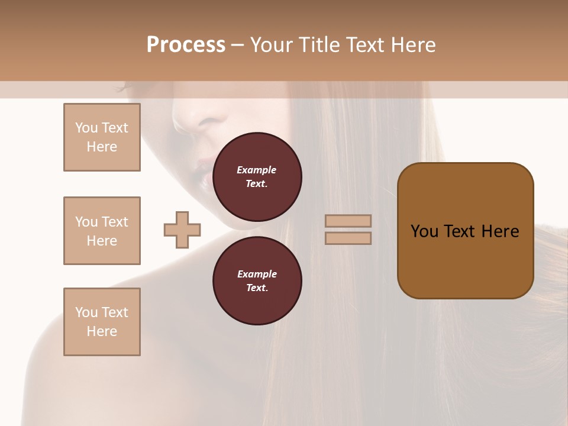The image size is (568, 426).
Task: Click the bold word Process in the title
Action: [x=186, y=45]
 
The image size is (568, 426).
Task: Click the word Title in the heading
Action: [x=322, y=45]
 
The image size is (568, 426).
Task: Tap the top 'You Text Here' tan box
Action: [x=102, y=137]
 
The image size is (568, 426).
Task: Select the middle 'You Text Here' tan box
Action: [x=102, y=231]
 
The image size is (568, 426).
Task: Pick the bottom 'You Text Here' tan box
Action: [x=102, y=322]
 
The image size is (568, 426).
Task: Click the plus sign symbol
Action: [x=182, y=230]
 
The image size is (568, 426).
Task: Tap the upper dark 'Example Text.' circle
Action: [x=257, y=177]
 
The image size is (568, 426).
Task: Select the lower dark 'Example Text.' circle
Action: [x=257, y=281]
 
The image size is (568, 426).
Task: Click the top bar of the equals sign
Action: [x=348, y=221]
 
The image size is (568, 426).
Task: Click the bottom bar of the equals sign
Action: [x=348, y=238]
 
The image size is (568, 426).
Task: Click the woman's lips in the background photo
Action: [x=203, y=169]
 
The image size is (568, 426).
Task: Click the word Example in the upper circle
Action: [x=257, y=170]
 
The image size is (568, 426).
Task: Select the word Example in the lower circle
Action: [x=257, y=274]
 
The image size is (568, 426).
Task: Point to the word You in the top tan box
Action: [x=86, y=128]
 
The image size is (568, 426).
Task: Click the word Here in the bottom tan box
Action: [x=102, y=331]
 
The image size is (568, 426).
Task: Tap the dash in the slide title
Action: [x=237, y=45]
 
